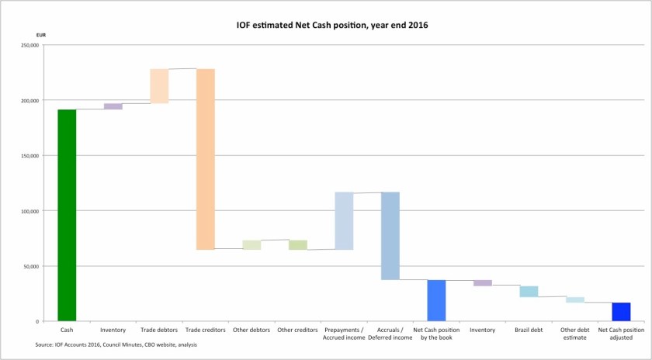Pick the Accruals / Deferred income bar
coord(390,236)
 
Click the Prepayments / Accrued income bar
coord(344,221)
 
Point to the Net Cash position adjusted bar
coord(621,311)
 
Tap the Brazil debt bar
coord(529,292)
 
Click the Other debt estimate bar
coord(575,299)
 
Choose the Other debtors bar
coord(251,245)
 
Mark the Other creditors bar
coord(298,245)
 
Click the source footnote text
coord(116,344)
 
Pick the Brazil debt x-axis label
coord(529,331)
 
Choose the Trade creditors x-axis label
coord(205,331)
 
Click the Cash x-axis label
coord(67,331)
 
